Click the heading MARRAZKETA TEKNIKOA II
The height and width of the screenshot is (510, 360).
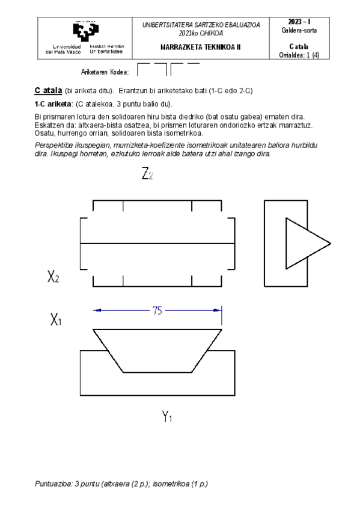point(200,47)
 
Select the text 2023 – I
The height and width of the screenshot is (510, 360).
point(299,22)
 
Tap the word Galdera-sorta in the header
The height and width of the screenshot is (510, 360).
point(299,31)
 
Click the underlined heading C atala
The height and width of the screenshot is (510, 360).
point(48,90)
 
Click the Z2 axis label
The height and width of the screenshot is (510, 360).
point(147,174)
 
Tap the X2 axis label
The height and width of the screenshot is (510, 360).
point(53,277)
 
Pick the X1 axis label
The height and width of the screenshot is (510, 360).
point(56,320)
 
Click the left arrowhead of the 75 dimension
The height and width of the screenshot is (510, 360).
point(96,310)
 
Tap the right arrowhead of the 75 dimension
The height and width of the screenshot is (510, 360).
point(219,310)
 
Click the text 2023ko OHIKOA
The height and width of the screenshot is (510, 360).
point(200,33)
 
